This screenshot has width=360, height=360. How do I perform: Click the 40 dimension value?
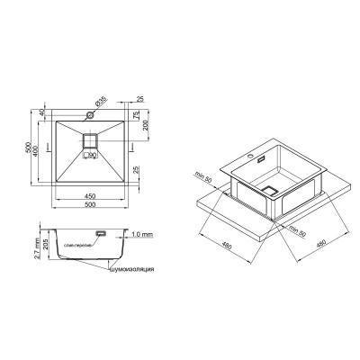coord(42,115)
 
